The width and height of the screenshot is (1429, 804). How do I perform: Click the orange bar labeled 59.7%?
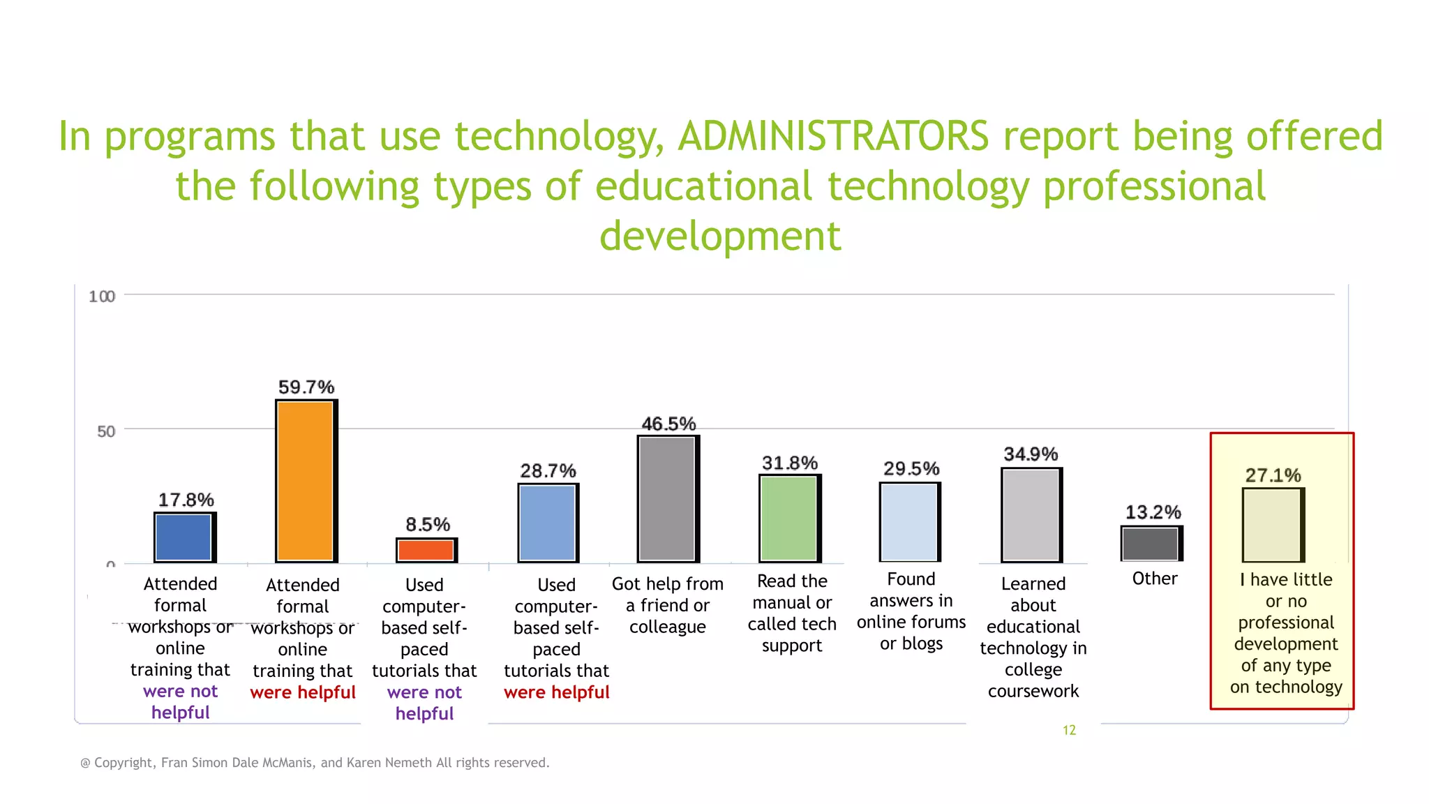coord(306,481)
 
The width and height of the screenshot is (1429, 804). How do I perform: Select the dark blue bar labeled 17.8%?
coord(184,537)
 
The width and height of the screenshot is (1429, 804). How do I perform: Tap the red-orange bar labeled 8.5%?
coord(426,550)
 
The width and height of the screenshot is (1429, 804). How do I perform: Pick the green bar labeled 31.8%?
coord(788,518)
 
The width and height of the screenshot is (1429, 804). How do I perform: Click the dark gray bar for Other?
coord(1151,544)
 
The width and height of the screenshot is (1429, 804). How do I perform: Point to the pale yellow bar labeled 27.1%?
coord(1272,525)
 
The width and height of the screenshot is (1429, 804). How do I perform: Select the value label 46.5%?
coord(668,424)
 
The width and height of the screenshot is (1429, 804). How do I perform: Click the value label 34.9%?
coord(1031,454)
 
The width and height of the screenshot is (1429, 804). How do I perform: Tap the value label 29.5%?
coord(911,468)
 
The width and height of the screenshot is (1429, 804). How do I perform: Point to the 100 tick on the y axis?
coord(102,297)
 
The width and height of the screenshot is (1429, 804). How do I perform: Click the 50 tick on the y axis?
coord(106,431)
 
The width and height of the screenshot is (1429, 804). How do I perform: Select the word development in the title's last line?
coord(720,236)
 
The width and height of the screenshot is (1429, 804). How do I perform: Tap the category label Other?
coord(1155,579)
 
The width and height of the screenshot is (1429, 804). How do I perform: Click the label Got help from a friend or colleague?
coord(668,605)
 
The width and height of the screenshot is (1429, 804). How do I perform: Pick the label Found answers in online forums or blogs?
coord(911,611)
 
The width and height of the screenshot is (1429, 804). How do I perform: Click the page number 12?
coord(1069,730)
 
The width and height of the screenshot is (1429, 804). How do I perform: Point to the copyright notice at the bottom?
coord(315,763)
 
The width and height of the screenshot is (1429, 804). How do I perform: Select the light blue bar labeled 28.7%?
coord(547,523)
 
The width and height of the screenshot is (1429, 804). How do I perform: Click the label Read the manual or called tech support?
coord(792,613)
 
